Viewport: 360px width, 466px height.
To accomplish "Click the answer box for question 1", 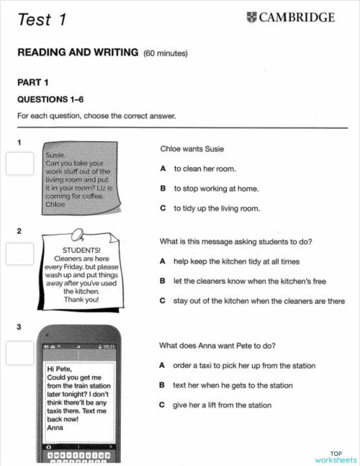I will pos(19,163).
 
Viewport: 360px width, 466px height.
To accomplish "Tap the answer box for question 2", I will pos(19,254).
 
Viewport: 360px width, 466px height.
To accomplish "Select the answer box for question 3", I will pos(19,351).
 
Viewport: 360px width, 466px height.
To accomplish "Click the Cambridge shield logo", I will pos(251,18).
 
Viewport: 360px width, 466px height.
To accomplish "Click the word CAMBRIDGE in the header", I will pos(297,18).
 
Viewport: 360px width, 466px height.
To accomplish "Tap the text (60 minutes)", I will pos(166,53).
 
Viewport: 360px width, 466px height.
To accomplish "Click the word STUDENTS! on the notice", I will pos(81,251).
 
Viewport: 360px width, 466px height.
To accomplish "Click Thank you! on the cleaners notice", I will pos(81,300).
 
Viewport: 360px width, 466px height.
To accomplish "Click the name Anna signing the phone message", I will pos(55,428).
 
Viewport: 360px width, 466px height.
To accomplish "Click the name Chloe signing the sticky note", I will pos(55,205).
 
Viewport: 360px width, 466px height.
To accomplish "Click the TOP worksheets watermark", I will pos(335,457).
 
